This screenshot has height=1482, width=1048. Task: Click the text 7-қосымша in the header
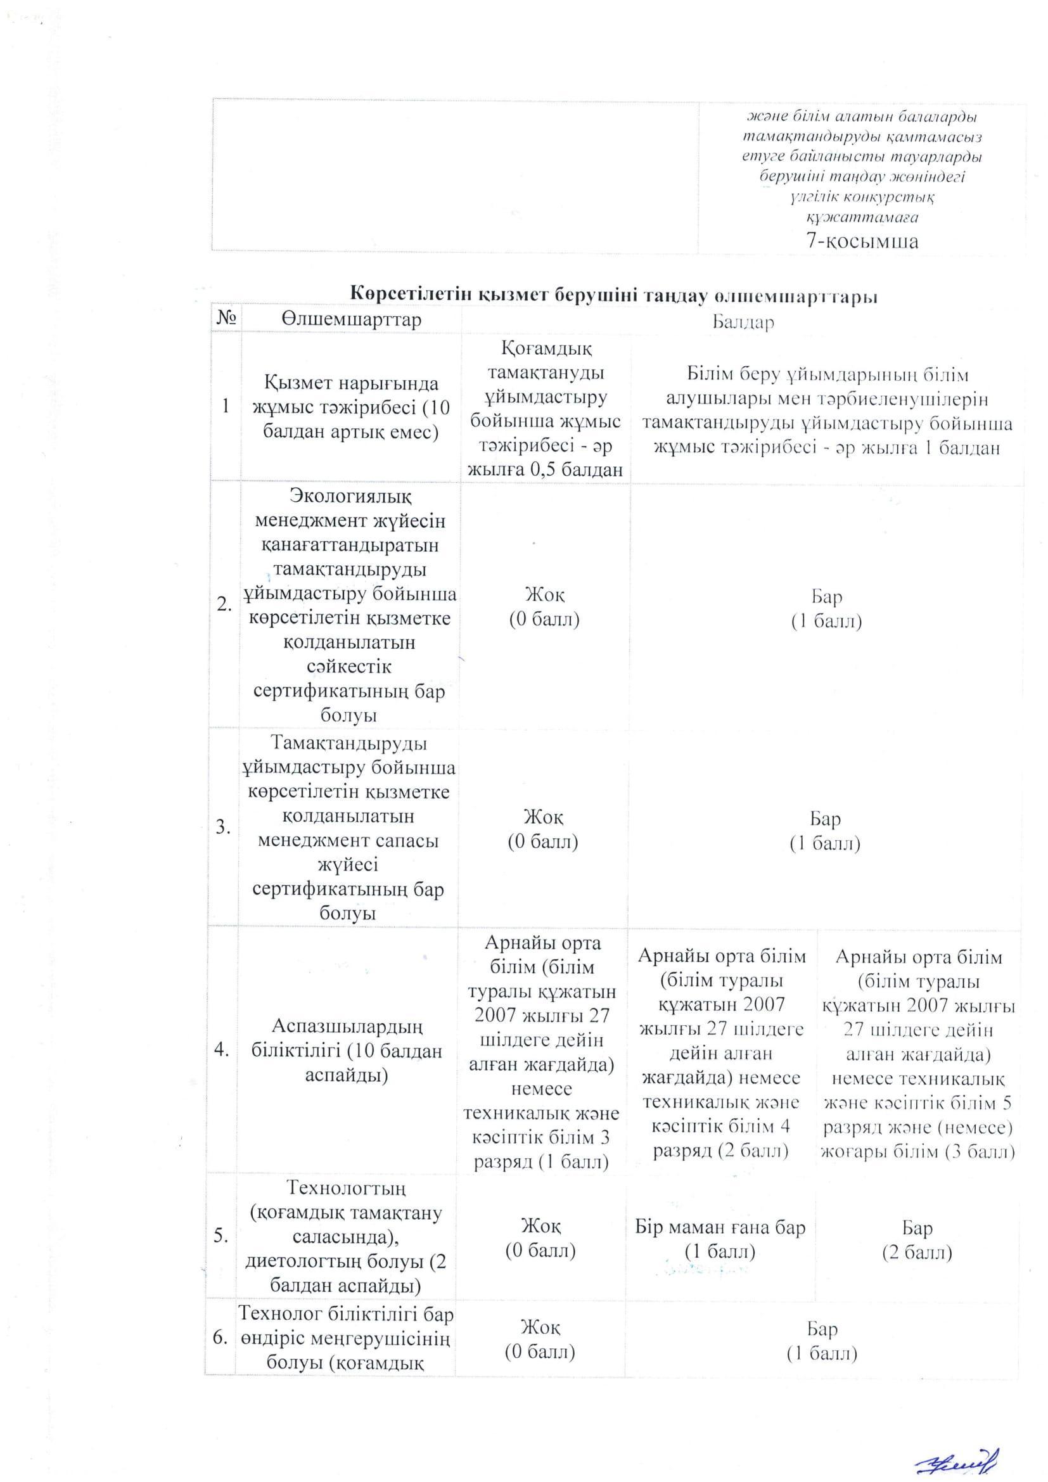point(862,241)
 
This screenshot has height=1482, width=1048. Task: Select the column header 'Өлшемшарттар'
point(351,319)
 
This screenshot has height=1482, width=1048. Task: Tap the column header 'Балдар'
point(743,322)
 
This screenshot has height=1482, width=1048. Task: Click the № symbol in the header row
point(226,319)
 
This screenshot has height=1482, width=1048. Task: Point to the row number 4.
point(222,1050)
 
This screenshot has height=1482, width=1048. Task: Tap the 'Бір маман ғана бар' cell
point(720,1239)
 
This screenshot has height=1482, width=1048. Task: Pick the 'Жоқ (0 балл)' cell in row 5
point(540,1237)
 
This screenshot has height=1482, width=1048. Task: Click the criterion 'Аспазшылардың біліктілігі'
point(347,1050)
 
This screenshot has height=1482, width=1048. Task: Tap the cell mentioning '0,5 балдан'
point(546,410)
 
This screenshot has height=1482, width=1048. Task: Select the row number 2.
point(224,605)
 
